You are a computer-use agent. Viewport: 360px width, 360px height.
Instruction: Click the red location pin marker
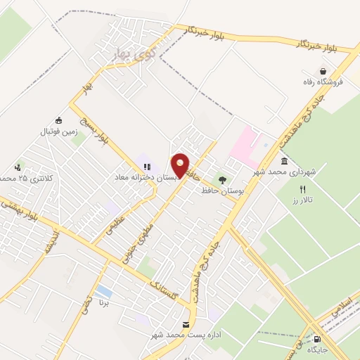(x=181, y=165)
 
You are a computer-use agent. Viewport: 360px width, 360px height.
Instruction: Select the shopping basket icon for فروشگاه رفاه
(x=323, y=71)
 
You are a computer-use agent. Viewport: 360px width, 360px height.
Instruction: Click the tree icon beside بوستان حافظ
(x=223, y=180)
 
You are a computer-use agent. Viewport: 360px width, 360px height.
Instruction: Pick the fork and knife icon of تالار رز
(x=303, y=189)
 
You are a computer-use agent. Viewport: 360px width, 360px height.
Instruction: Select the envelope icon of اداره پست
(x=186, y=324)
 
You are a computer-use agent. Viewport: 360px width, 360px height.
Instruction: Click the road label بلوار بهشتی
(x=21, y=210)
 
